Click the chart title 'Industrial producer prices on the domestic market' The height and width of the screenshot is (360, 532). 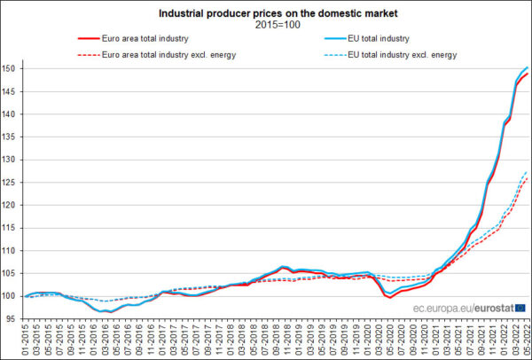[266, 12]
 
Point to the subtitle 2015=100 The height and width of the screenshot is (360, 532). [266, 25]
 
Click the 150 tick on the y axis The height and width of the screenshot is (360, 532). [10, 68]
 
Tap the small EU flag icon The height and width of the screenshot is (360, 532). [520, 308]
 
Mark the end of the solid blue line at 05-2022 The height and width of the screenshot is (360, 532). [528, 67]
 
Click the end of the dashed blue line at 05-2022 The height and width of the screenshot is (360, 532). [528, 171]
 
